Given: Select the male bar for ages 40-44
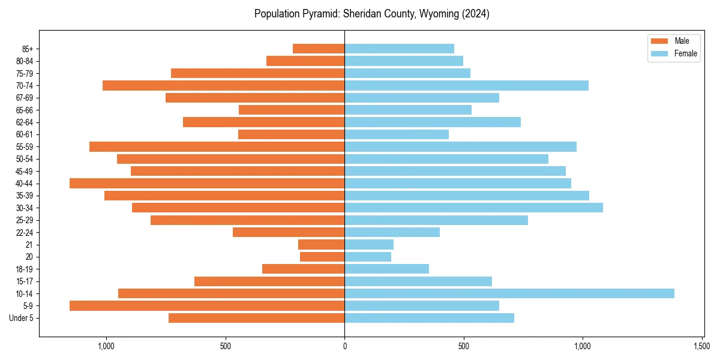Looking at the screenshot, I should tap(207, 183).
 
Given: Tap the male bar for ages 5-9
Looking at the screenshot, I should tap(207, 305).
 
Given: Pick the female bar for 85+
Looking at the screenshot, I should tap(399, 49).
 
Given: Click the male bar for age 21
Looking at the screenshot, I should tap(321, 244).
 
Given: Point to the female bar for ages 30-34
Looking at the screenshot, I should tap(473, 208).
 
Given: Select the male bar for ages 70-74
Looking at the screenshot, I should tap(223, 85).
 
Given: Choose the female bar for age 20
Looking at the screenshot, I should tap(368, 257).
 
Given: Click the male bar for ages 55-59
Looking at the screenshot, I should tap(217, 146).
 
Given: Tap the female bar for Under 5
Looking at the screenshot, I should tap(429, 318).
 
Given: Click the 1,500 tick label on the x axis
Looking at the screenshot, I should tap(702, 346).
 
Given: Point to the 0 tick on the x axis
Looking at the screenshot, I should tap(344, 346).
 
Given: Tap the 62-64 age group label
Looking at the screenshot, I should tap(25, 122).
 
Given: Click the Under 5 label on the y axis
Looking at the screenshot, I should tap(22, 318).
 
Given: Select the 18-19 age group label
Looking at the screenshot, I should tap(25, 269).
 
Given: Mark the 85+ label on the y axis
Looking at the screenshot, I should tap(27, 49).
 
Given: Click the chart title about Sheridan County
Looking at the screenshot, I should tap(371, 14).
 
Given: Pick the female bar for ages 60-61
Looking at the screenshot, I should tap(396, 134).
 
